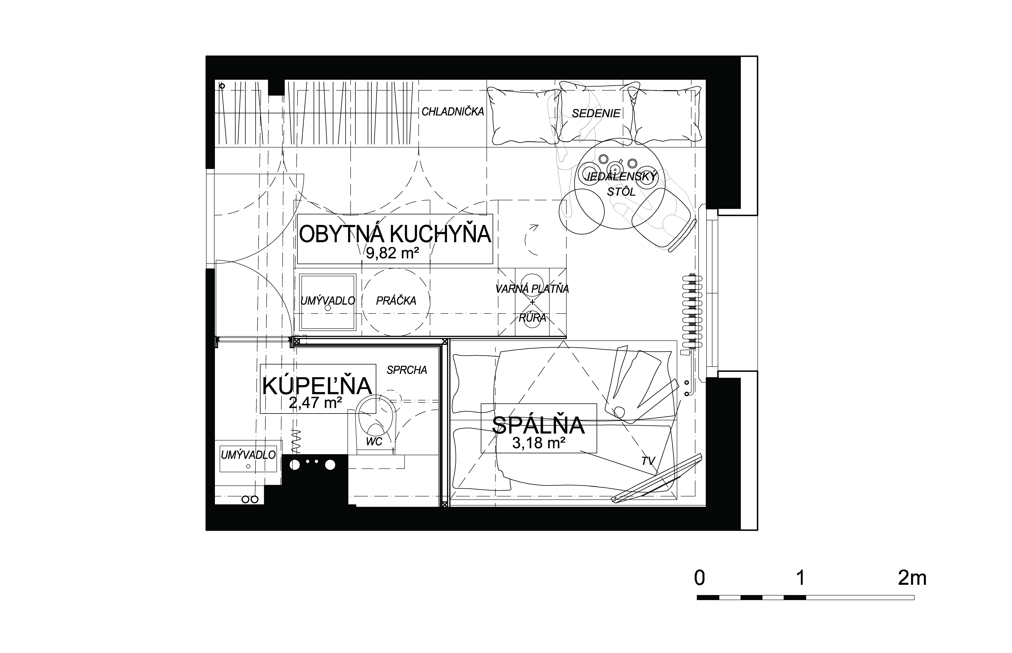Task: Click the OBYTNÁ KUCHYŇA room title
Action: [x=395, y=234]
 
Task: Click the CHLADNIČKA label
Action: [x=452, y=111]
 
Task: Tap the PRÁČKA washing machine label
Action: [x=396, y=301]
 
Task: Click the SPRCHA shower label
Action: [x=407, y=370]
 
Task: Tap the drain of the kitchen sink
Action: [x=327, y=309]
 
